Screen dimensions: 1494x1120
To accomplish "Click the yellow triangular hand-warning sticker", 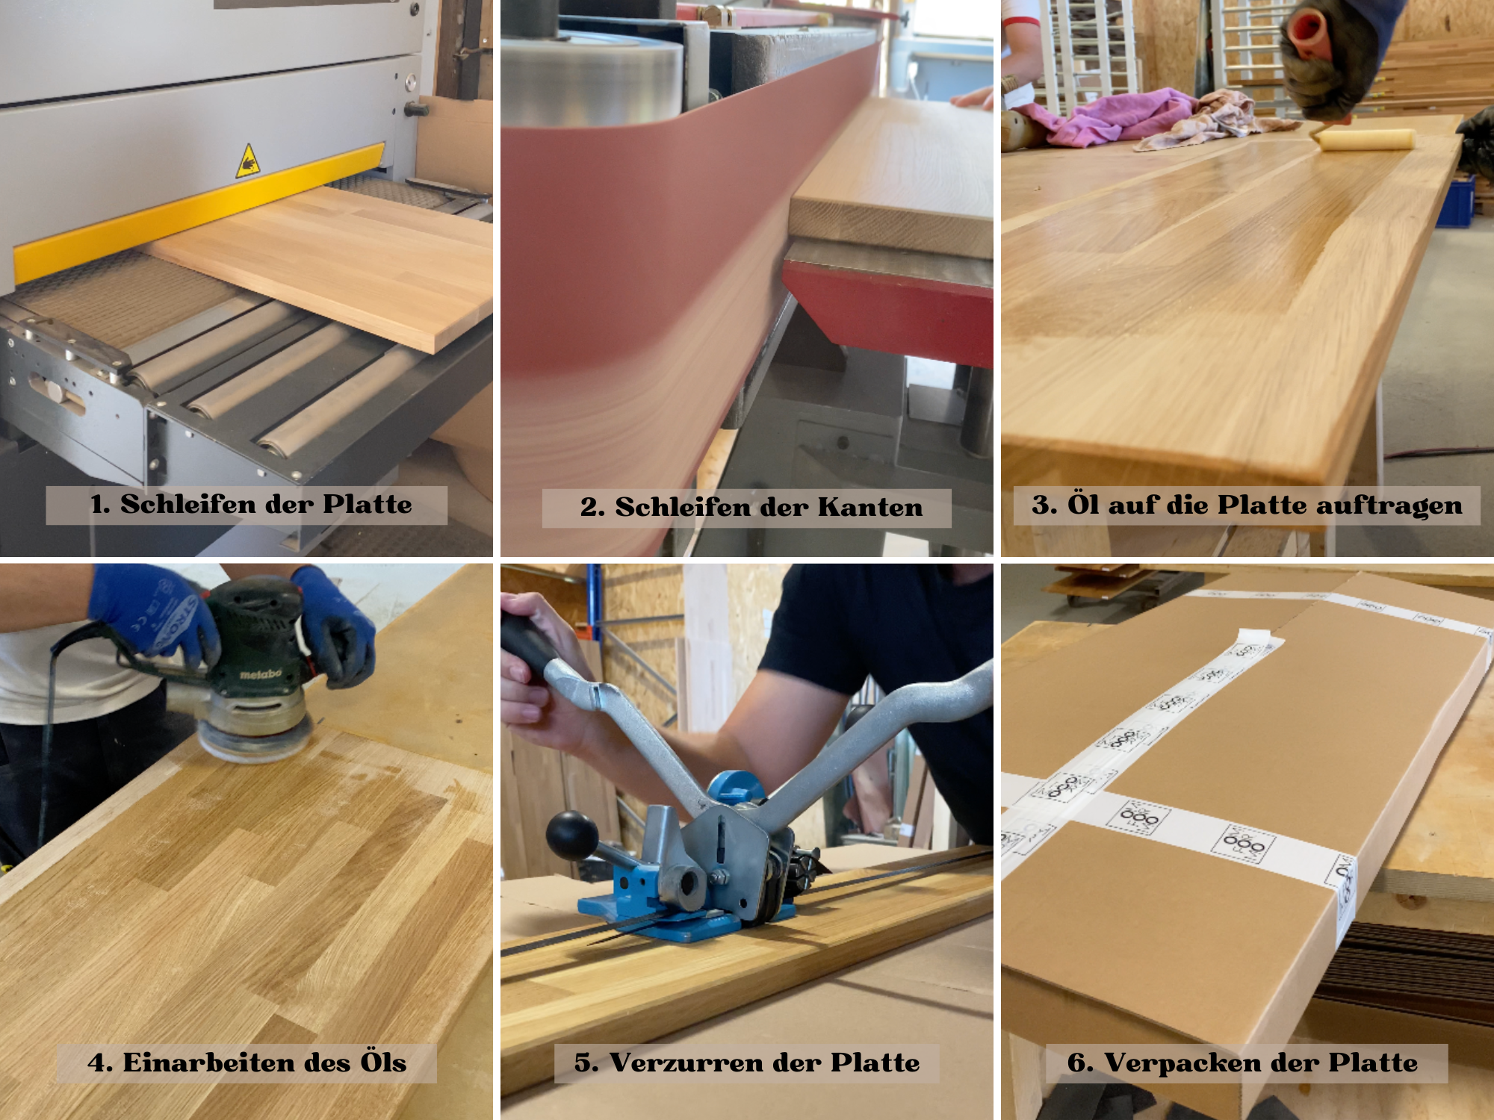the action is click(x=248, y=161).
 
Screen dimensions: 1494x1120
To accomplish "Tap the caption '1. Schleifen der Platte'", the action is click(x=251, y=504).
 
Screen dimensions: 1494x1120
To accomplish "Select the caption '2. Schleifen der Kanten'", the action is click(x=751, y=508).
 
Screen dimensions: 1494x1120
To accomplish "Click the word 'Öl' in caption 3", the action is click(x=1082, y=504).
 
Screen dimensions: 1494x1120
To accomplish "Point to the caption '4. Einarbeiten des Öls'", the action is click(x=247, y=1062).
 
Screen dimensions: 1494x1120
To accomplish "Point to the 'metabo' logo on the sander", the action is click(x=261, y=674).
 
